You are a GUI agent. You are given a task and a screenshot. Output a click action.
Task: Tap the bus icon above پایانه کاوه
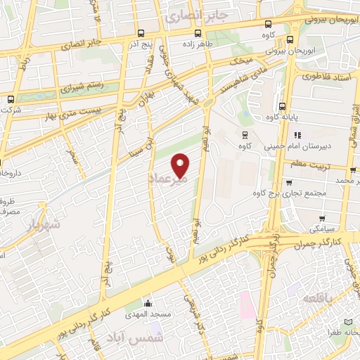(x=281, y=107)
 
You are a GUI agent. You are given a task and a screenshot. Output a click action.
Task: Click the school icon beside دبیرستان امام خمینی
(x=298, y=134)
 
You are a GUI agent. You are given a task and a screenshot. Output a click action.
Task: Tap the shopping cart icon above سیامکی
(x=322, y=219)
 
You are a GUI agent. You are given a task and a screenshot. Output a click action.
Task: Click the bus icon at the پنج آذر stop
(x=142, y=33)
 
